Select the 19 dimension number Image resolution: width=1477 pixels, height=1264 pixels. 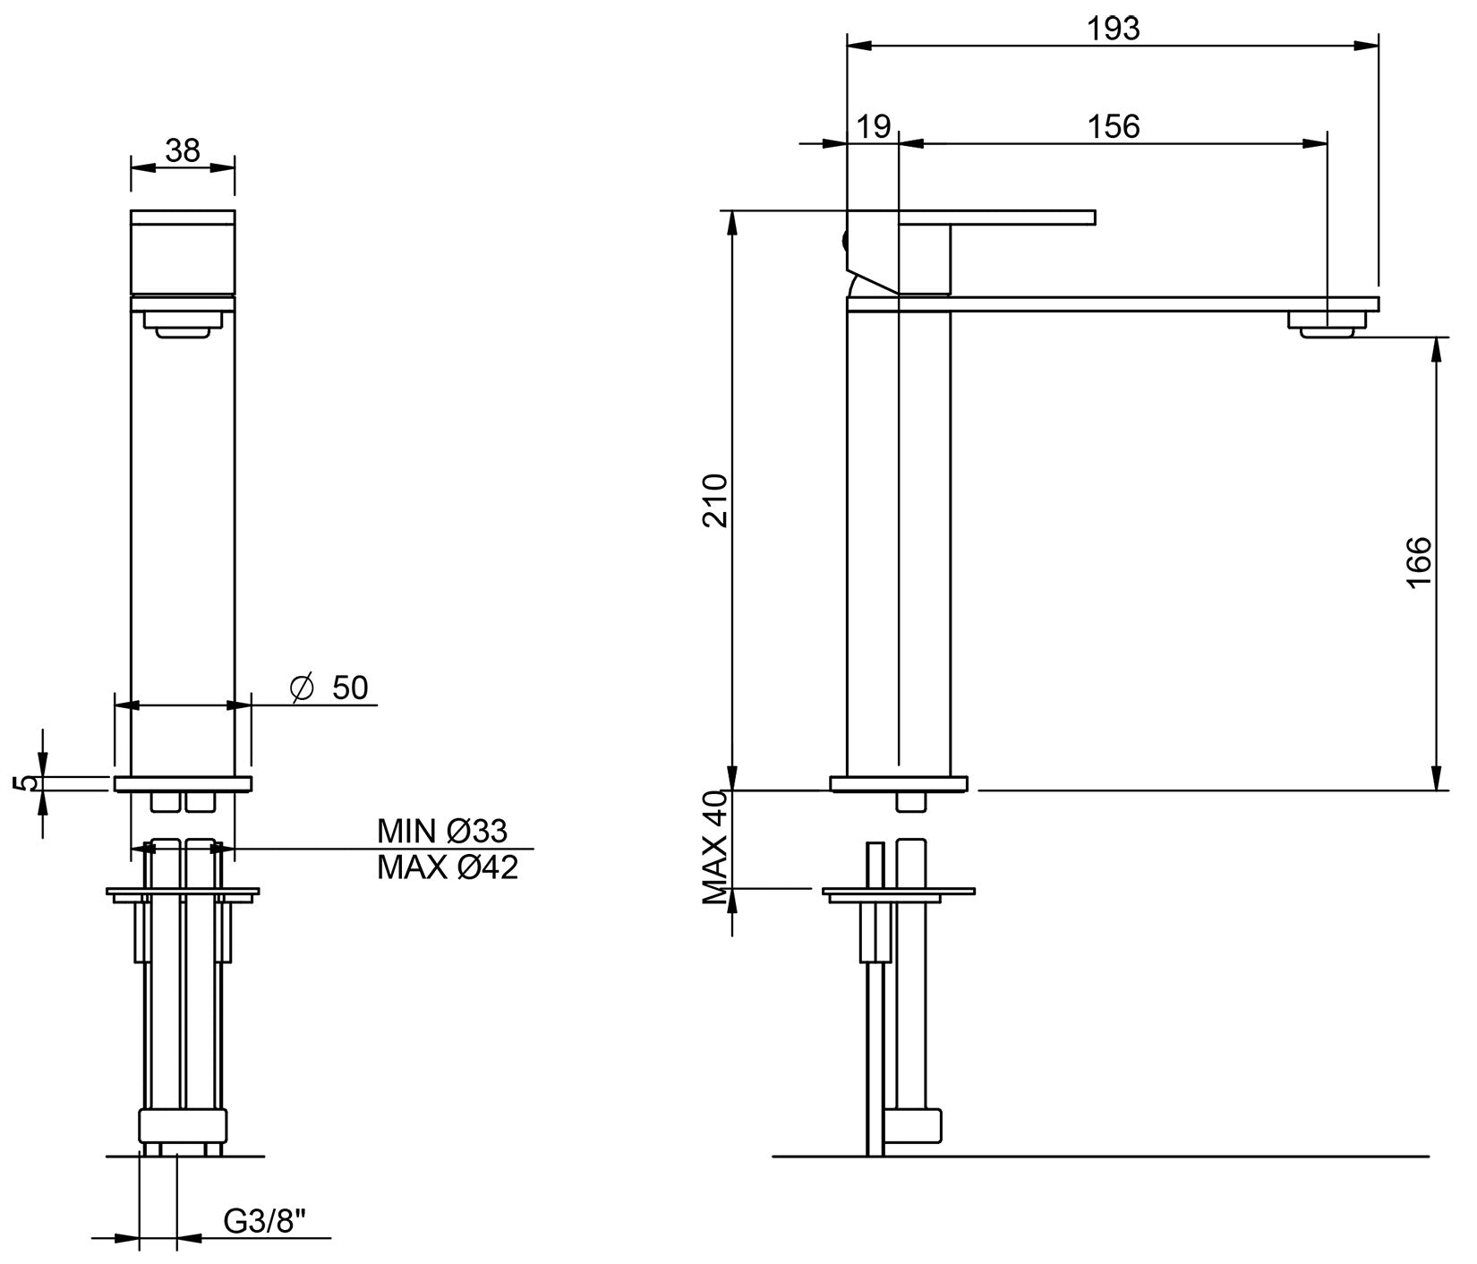point(873,126)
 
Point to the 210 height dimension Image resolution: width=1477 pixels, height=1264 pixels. point(716,501)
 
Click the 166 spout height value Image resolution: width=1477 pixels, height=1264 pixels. point(1419,561)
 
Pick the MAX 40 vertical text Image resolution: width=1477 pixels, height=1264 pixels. point(716,845)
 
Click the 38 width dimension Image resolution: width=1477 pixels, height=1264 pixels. point(183,150)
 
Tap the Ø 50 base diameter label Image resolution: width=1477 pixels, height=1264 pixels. point(329,688)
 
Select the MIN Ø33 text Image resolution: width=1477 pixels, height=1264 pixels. point(442,832)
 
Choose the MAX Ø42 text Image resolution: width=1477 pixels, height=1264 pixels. point(447,867)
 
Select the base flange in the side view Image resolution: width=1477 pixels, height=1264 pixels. point(898,784)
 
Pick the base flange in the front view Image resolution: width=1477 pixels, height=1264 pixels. point(183,784)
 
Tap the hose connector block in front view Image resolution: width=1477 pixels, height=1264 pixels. point(183,1126)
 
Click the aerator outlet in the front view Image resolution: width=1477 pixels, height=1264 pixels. point(183,324)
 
